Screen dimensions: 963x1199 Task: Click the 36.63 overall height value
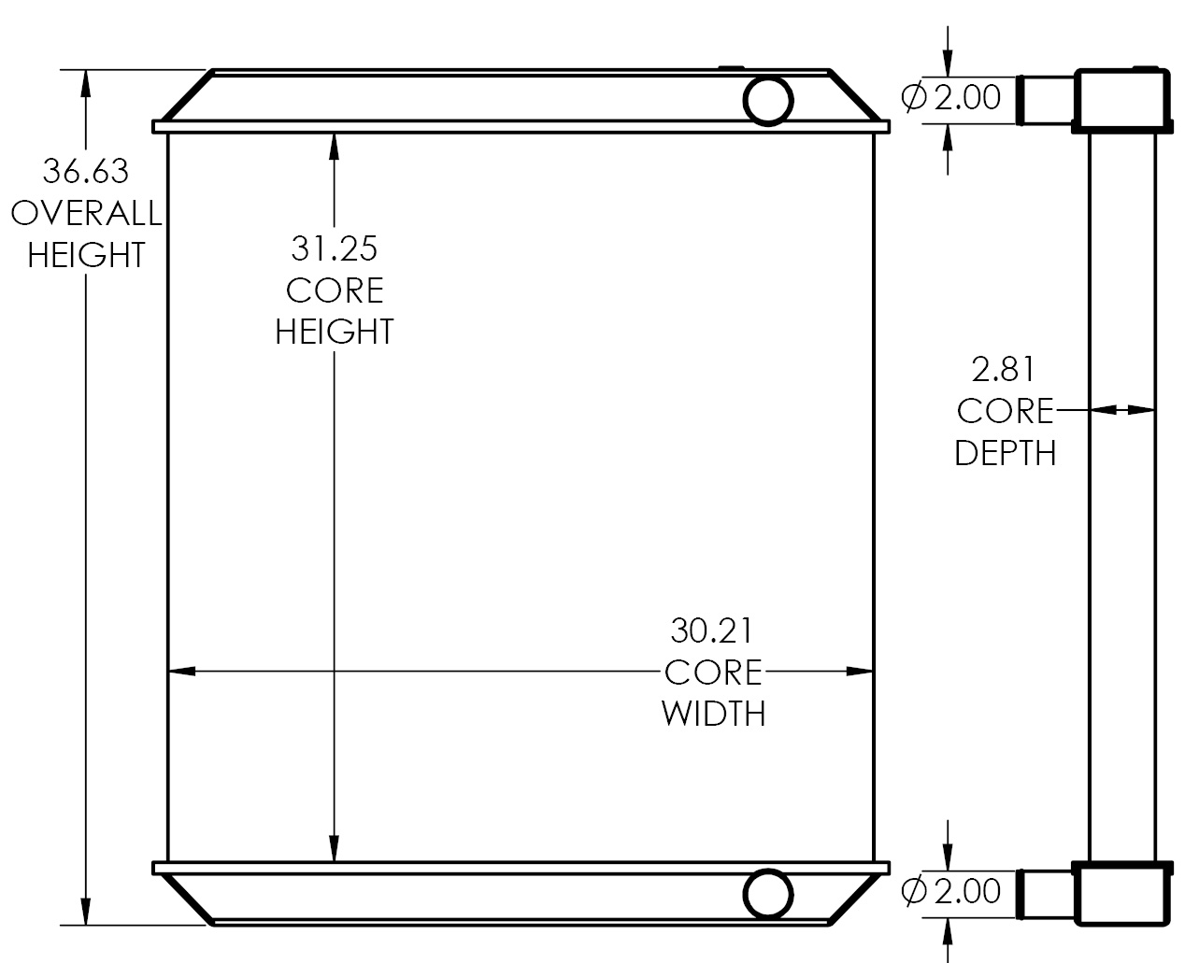click(x=86, y=172)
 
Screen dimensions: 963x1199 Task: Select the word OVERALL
click(x=86, y=214)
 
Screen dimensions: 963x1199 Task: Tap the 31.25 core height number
click(x=335, y=248)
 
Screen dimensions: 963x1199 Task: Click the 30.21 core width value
click(x=712, y=630)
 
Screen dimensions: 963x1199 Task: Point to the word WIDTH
click(x=713, y=714)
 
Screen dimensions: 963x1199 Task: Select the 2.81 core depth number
click(x=1004, y=370)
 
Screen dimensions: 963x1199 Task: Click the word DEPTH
click(x=1006, y=453)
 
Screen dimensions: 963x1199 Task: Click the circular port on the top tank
click(x=768, y=100)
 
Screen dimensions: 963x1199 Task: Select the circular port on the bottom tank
click(x=768, y=894)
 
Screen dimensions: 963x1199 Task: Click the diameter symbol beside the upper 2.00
click(x=914, y=97)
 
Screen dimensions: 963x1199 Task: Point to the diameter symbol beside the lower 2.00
click(x=914, y=891)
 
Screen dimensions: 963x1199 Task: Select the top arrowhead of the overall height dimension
click(x=87, y=83)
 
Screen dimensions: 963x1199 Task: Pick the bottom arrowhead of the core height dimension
click(x=334, y=848)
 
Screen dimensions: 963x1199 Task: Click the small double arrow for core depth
click(x=1122, y=409)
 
